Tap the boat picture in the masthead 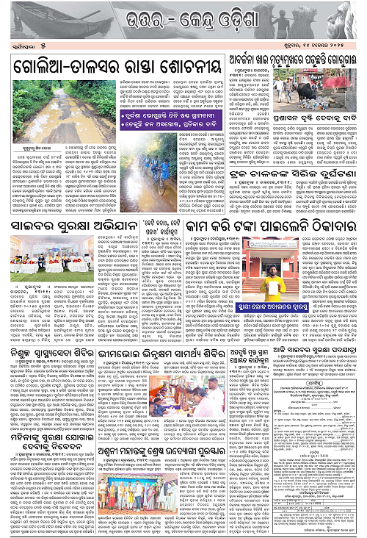(40, 26)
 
